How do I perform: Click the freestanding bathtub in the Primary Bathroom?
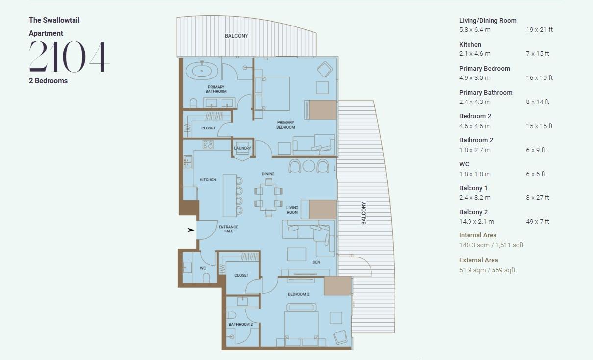[x=202, y=71]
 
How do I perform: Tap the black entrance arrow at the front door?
[x=191, y=230]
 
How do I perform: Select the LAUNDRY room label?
[x=243, y=148]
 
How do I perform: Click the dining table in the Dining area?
[x=269, y=197]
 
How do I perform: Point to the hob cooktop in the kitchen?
[x=208, y=145]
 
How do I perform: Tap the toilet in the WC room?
[x=206, y=278]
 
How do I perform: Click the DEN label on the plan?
[x=316, y=262]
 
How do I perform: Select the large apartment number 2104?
[x=69, y=56]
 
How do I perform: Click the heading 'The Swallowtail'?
[x=54, y=20]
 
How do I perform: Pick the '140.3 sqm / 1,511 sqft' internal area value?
[x=492, y=245]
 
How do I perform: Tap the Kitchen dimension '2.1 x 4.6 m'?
[x=475, y=54]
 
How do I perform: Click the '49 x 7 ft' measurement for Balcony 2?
[x=538, y=222]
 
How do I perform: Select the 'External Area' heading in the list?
[x=479, y=260]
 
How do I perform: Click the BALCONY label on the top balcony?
[x=236, y=36]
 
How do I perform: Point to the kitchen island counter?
[x=229, y=196]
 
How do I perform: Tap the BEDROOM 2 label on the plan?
[x=298, y=294]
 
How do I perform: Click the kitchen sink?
[x=188, y=162]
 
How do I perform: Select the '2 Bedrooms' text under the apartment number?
[x=48, y=81]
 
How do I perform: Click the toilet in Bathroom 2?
[x=231, y=315]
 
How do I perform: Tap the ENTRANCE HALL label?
[x=228, y=229]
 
